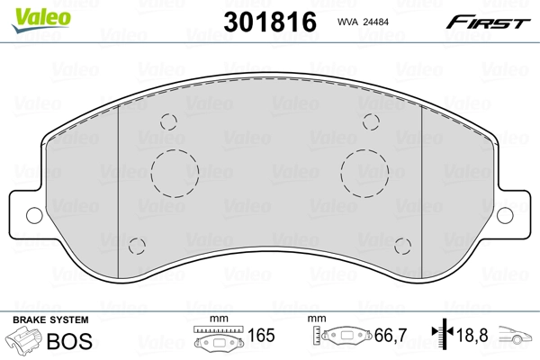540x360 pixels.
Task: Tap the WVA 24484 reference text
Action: [x=364, y=24]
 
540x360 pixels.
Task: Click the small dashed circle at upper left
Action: [x=167, y=124]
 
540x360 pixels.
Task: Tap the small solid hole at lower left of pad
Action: [x=137, y=245]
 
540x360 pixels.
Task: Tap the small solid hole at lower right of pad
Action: [x=403, y=245]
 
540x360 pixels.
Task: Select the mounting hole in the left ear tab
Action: [x=33, y=215]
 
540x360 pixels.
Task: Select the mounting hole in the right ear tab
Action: [x=506, y=215]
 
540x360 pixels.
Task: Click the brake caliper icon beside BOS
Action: [x=24, y=341]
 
